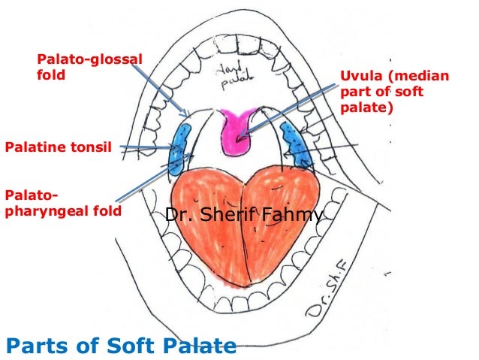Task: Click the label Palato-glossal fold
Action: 89,66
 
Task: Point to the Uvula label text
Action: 394,92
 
